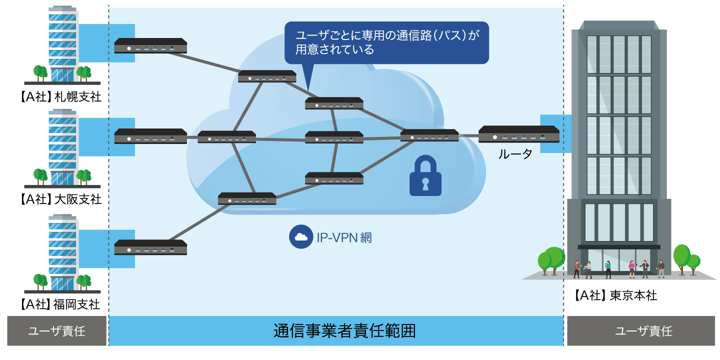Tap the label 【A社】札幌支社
[x=61, y=96]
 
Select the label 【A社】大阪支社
[x=61, y=199]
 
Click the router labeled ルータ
[x=518, y=134]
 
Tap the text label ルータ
[x=514, y=155]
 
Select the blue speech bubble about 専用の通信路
[x=386, y=42]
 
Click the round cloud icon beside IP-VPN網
[x=300, y=237]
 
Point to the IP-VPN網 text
[x=344, y=237]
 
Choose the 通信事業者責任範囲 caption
[x=344, y=331]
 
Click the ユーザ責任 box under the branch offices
[x=56, y=331]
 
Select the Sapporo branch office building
[x=62, y=45]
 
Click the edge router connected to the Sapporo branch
[x=150, y=46]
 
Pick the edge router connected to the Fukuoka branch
[x=150, y=247]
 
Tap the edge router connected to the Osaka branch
[x=150, y=136]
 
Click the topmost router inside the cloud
[x=267, y=76]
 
